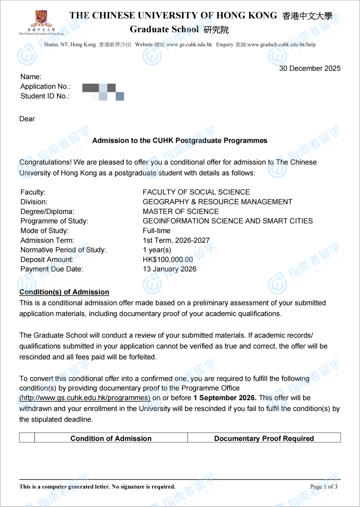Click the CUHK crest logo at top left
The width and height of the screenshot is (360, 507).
(41, 19)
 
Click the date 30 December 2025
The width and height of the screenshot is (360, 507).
(310, 68)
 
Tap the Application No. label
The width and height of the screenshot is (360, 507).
(46, 87)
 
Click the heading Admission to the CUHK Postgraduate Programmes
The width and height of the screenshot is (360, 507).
(180, 141)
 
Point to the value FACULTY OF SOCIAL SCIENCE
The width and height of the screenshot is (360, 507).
(196, 192)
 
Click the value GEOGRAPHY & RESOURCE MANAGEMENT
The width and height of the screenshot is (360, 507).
(217, 202)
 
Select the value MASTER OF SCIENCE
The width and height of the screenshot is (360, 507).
(181, 212)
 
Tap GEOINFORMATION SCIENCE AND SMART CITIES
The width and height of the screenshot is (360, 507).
(228, 221)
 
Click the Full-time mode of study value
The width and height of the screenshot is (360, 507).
(157, 231)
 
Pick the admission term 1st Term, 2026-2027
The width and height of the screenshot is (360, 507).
(176, 240)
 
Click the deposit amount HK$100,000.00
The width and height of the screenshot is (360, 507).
(168, 259)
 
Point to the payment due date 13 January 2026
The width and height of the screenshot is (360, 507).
(169, 269)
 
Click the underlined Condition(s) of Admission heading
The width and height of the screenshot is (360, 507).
(64, 292)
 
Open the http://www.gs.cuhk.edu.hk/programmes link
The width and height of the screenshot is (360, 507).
(85, 398)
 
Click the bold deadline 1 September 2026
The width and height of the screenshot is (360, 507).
(225, 398)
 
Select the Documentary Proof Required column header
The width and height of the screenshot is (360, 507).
(264, 438)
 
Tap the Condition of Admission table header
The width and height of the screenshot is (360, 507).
(111, 438)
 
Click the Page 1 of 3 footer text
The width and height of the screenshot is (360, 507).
(324, 487)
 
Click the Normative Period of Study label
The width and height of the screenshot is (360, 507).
(63, 250)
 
